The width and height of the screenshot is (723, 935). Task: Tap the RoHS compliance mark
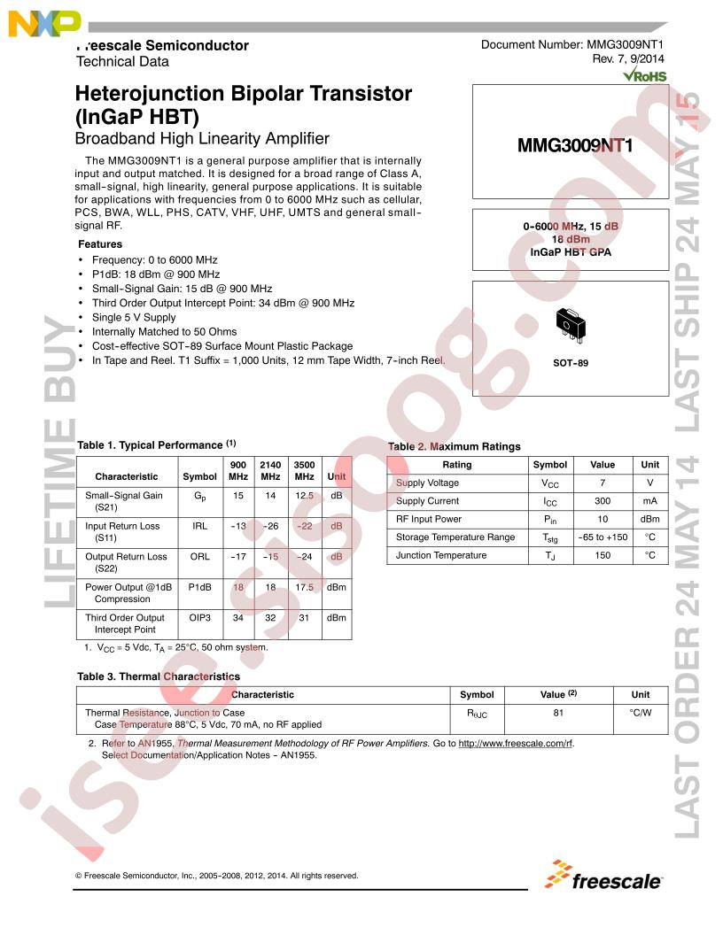pyautogui.click(x=643, y=77)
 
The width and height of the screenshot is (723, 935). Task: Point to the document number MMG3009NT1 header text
pyautogui.click(x=572, y=45)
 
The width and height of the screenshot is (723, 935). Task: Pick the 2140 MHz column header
pyautogui.click(x=270, y=470)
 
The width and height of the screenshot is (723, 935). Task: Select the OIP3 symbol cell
pyautogui.click(x=200, y=618)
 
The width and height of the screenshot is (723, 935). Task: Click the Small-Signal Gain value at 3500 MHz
pyautogui.click(x=304, y=497)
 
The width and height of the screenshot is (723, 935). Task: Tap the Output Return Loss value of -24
pyautogui.click(x=304, y=557)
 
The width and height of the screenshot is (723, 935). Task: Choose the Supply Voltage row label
pyautogui.click(x=427, y=483)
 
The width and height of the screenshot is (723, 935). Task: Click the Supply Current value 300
pyautogui.click(x=602, y=501)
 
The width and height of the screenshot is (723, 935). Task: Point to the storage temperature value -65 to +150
pyautogui.click(x=602, y=537)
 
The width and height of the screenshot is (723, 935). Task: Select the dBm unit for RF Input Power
pyautogui.click(x=649, y=519)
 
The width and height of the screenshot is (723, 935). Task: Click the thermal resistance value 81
pyautogui.click(x=558, y=712)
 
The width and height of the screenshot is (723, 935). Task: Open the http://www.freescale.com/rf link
pyautogui.click(x=516, y=744)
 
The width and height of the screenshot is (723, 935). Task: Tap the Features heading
pyautogui.click(x=100, y=243)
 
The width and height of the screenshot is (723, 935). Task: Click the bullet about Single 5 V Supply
pyautogui.click(x=134, y=317)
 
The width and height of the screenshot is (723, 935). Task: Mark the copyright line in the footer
pyautogui.click(x=217, y=876)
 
